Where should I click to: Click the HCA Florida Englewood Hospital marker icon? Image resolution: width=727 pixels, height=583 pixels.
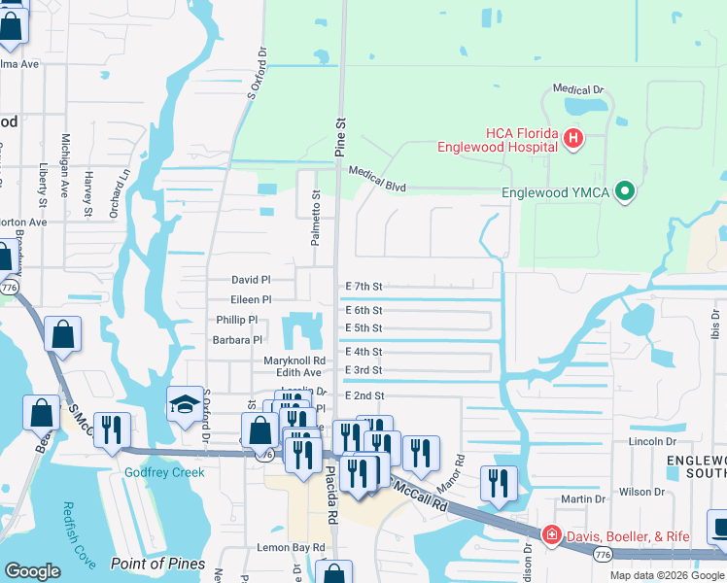[x=573, y=139]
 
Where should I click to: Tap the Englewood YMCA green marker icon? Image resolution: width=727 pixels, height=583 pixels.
[x=625, y=192]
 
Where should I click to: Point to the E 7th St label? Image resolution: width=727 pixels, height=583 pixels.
[x=364, y=287]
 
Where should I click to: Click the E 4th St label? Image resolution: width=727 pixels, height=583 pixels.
[x=363, y=352]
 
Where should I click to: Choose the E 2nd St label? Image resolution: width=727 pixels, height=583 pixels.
[x=364, y=396]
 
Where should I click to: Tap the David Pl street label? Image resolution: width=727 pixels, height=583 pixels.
[x=251, y=279]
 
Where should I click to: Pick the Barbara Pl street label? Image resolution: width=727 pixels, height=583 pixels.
[x=238, y=340]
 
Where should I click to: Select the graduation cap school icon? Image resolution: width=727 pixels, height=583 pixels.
[x=185, y=405]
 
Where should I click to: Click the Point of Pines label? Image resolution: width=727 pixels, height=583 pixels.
[x=157, y=564]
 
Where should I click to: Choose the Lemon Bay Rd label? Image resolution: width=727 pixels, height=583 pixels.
[x=293, y=548]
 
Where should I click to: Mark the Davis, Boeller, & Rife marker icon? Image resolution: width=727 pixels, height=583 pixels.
[x=551, y=534]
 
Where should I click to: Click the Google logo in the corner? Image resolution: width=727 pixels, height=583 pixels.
[x=33, y=571]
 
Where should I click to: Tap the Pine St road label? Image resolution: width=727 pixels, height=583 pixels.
[x=341, y=137]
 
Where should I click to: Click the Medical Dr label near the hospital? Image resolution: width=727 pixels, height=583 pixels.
[x=578, y=88]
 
